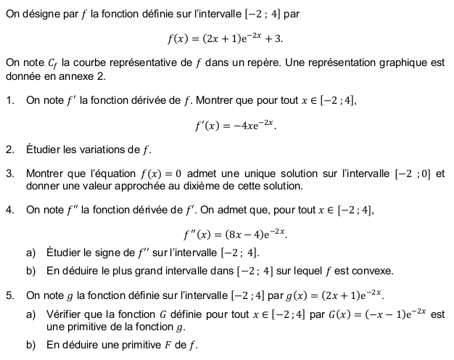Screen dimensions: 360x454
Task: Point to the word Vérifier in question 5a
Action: click(x=64, y=314)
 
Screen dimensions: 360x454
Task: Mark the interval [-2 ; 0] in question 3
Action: click(x=413, y=173)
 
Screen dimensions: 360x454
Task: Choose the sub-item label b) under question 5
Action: click(x=31, y=345)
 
